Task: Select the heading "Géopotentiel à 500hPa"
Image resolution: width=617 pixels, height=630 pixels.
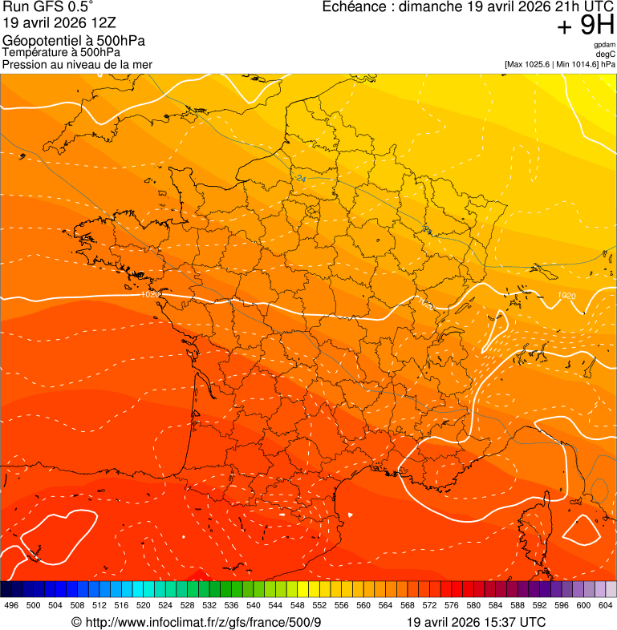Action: [74, 41]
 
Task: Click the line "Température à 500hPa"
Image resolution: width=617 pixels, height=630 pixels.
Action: [61, 53]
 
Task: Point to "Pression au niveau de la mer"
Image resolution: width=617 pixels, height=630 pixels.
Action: [77, 64]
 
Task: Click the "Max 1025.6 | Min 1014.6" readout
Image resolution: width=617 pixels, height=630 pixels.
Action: [560, 64]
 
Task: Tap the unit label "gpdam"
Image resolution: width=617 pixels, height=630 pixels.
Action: [604, 45]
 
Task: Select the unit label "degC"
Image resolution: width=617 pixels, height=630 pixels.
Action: [606, 55]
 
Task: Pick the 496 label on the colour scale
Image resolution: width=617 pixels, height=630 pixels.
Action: [11, 605]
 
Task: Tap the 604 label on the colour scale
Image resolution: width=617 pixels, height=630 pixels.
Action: [606, 605]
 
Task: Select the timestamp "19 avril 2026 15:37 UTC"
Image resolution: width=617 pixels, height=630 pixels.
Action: [477, 623]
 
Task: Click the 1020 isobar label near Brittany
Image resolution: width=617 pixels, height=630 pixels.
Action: [150, 295]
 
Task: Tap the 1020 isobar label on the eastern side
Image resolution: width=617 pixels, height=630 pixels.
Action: [566, 296]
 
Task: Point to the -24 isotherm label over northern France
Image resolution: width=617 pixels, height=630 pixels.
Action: [300, 178]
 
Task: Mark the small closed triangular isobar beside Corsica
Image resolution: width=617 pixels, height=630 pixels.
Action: [582, 530]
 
